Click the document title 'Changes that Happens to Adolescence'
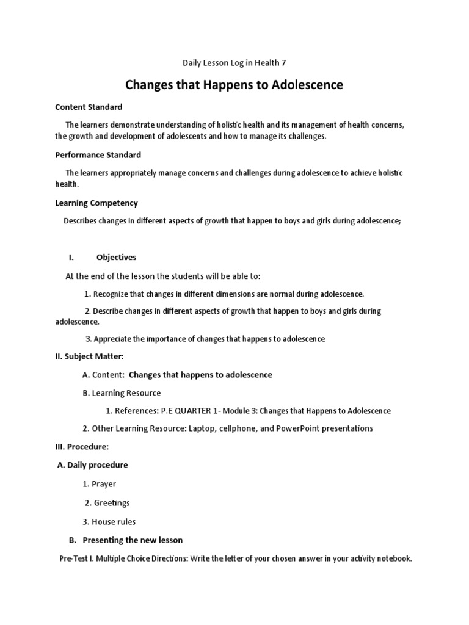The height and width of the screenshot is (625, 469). [x=234, y=85]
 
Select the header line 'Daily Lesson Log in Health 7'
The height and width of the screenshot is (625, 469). [x=234, y=62]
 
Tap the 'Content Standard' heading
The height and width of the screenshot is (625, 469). [x=89, y=107]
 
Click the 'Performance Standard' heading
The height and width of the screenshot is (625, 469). [x=98, y=155]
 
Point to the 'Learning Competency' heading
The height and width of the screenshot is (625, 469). [x=96, y=203]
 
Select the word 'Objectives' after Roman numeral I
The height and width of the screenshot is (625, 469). [x=116, y=257]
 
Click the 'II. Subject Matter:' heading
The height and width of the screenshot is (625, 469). [x=90, y=356]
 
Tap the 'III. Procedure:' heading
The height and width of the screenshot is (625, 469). [x=82, y=446]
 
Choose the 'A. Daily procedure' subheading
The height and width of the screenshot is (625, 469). [x=92, y=465]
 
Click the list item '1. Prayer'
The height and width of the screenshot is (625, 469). [x=99, y=484]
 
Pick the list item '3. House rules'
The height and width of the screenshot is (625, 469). [x=109, y=522]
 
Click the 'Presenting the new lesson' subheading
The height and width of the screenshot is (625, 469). [x=132, y=540]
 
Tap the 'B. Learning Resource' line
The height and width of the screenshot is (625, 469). [x=122, y=393]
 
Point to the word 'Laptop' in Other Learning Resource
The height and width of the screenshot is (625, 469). [x=203, y=428]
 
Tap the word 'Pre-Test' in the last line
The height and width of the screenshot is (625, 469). [x=74, y=558]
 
